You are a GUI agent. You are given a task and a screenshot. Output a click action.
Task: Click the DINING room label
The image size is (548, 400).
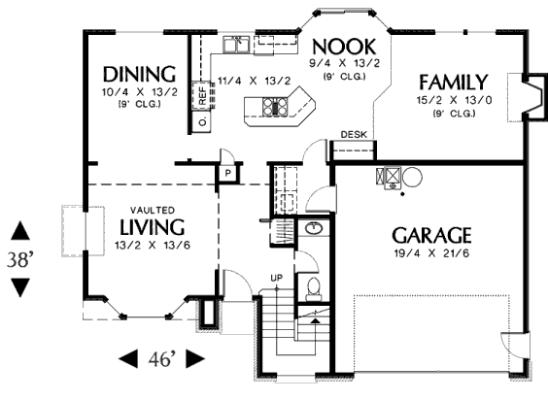pyautogui.click(x=140, y=74)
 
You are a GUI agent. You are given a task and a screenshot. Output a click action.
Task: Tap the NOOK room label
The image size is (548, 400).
pyautogui.click(x=344, y=47)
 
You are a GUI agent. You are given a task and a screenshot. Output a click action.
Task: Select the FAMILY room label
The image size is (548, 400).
pyautogui.click(x=454, y=83)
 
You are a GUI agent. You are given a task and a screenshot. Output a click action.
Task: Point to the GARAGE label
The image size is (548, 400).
pyautogui.click(x=431, y=235)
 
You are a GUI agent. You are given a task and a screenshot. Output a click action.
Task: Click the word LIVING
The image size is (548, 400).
pyautogui.click(x=152, y=227)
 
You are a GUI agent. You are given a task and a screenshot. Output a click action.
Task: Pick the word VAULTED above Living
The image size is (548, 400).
pyautogui.click(x=153, y=211)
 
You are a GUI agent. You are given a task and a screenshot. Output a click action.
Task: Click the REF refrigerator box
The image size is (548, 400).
pyautogui.click(x=202, y=96)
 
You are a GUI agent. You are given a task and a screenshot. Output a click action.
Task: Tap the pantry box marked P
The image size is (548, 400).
pyautogui.click(x=228, y=173)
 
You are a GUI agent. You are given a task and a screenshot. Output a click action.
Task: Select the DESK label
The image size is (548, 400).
pyautogui.click(x=354, y=135)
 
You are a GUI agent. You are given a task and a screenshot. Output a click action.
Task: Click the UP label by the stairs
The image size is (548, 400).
pyautogui.click(x=277, y=278)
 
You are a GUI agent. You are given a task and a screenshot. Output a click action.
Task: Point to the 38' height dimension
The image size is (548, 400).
pyautogui.click(x=20, y=259)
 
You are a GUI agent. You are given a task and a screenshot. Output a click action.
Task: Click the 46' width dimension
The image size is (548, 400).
pyautogui.click(x=161, y=358)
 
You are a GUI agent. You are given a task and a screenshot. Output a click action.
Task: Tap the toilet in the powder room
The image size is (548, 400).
pyautogui.click(x=314, y=289)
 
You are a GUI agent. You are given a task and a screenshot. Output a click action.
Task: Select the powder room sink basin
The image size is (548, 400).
pyautogui.click(x=314, y=229)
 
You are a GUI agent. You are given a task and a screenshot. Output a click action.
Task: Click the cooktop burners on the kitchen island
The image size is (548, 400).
pyautogui.click(x=275, y=107)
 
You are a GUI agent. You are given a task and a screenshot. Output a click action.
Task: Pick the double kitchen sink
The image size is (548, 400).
pyautogui.click(x=236, y=44)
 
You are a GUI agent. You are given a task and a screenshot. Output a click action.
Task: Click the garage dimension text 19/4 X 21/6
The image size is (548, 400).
pyautogui.click(x=432, y=253)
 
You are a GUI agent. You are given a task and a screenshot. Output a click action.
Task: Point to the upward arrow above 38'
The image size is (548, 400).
pyautogui.click(x=20, y=231)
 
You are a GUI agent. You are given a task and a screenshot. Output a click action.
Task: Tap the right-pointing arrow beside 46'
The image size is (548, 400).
pyautogui.click(x=195, y=358)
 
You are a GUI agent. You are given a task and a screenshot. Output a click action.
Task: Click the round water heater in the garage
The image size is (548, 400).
pyautogui.click(x=412, y=177)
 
